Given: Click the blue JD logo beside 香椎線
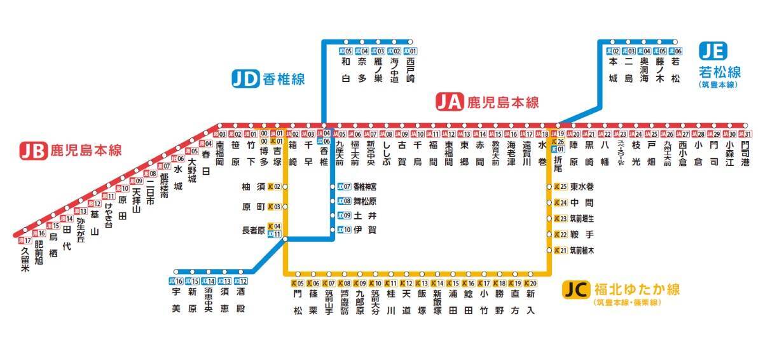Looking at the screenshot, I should click(245, 79).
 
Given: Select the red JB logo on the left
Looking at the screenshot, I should click(33, 150).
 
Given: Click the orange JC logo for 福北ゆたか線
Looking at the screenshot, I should click(577, 291).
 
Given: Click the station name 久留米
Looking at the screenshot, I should click(25, 260).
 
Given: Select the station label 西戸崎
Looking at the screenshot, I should click(410, 70).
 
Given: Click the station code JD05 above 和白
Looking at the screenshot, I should click(346, 51).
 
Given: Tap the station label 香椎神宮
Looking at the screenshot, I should click(365, 186).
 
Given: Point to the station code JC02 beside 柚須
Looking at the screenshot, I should click(275, 186).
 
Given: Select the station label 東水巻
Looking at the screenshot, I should click(582, 186).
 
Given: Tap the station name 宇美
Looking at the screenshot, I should click(176, 300).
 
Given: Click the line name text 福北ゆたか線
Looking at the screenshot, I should click(636, 290).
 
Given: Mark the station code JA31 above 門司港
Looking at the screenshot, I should click(746, 134).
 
